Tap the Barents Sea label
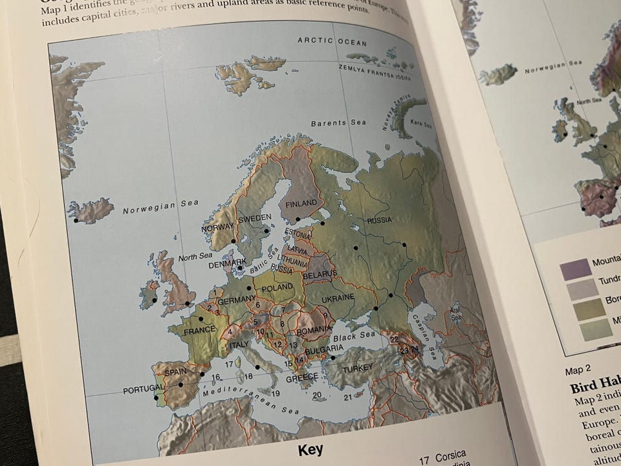tap(338, 123)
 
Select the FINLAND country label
tap(301, 203)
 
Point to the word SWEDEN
tap(254, 219)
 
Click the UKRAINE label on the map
tap(338, 297)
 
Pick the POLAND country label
tap(278, 287)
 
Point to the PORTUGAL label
tap(141, 392)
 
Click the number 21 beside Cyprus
tap(347, 397)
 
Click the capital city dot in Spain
tap(181, 384)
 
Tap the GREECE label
tap(301, 377)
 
